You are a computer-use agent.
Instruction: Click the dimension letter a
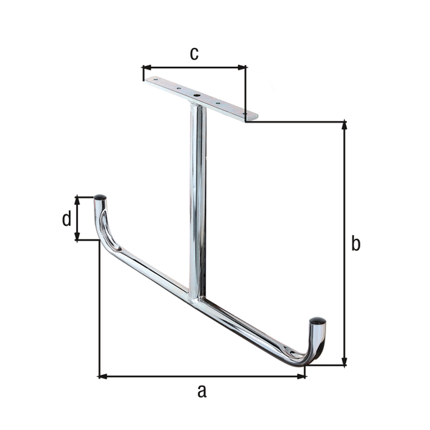point(201,391)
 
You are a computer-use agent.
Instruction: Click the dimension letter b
point(355,244)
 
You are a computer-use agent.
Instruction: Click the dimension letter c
point(193,53)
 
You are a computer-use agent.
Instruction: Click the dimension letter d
point(66,219)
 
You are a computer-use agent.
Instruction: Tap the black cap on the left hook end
point(100,197)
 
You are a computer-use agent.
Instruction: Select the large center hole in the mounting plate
point(196,94)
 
